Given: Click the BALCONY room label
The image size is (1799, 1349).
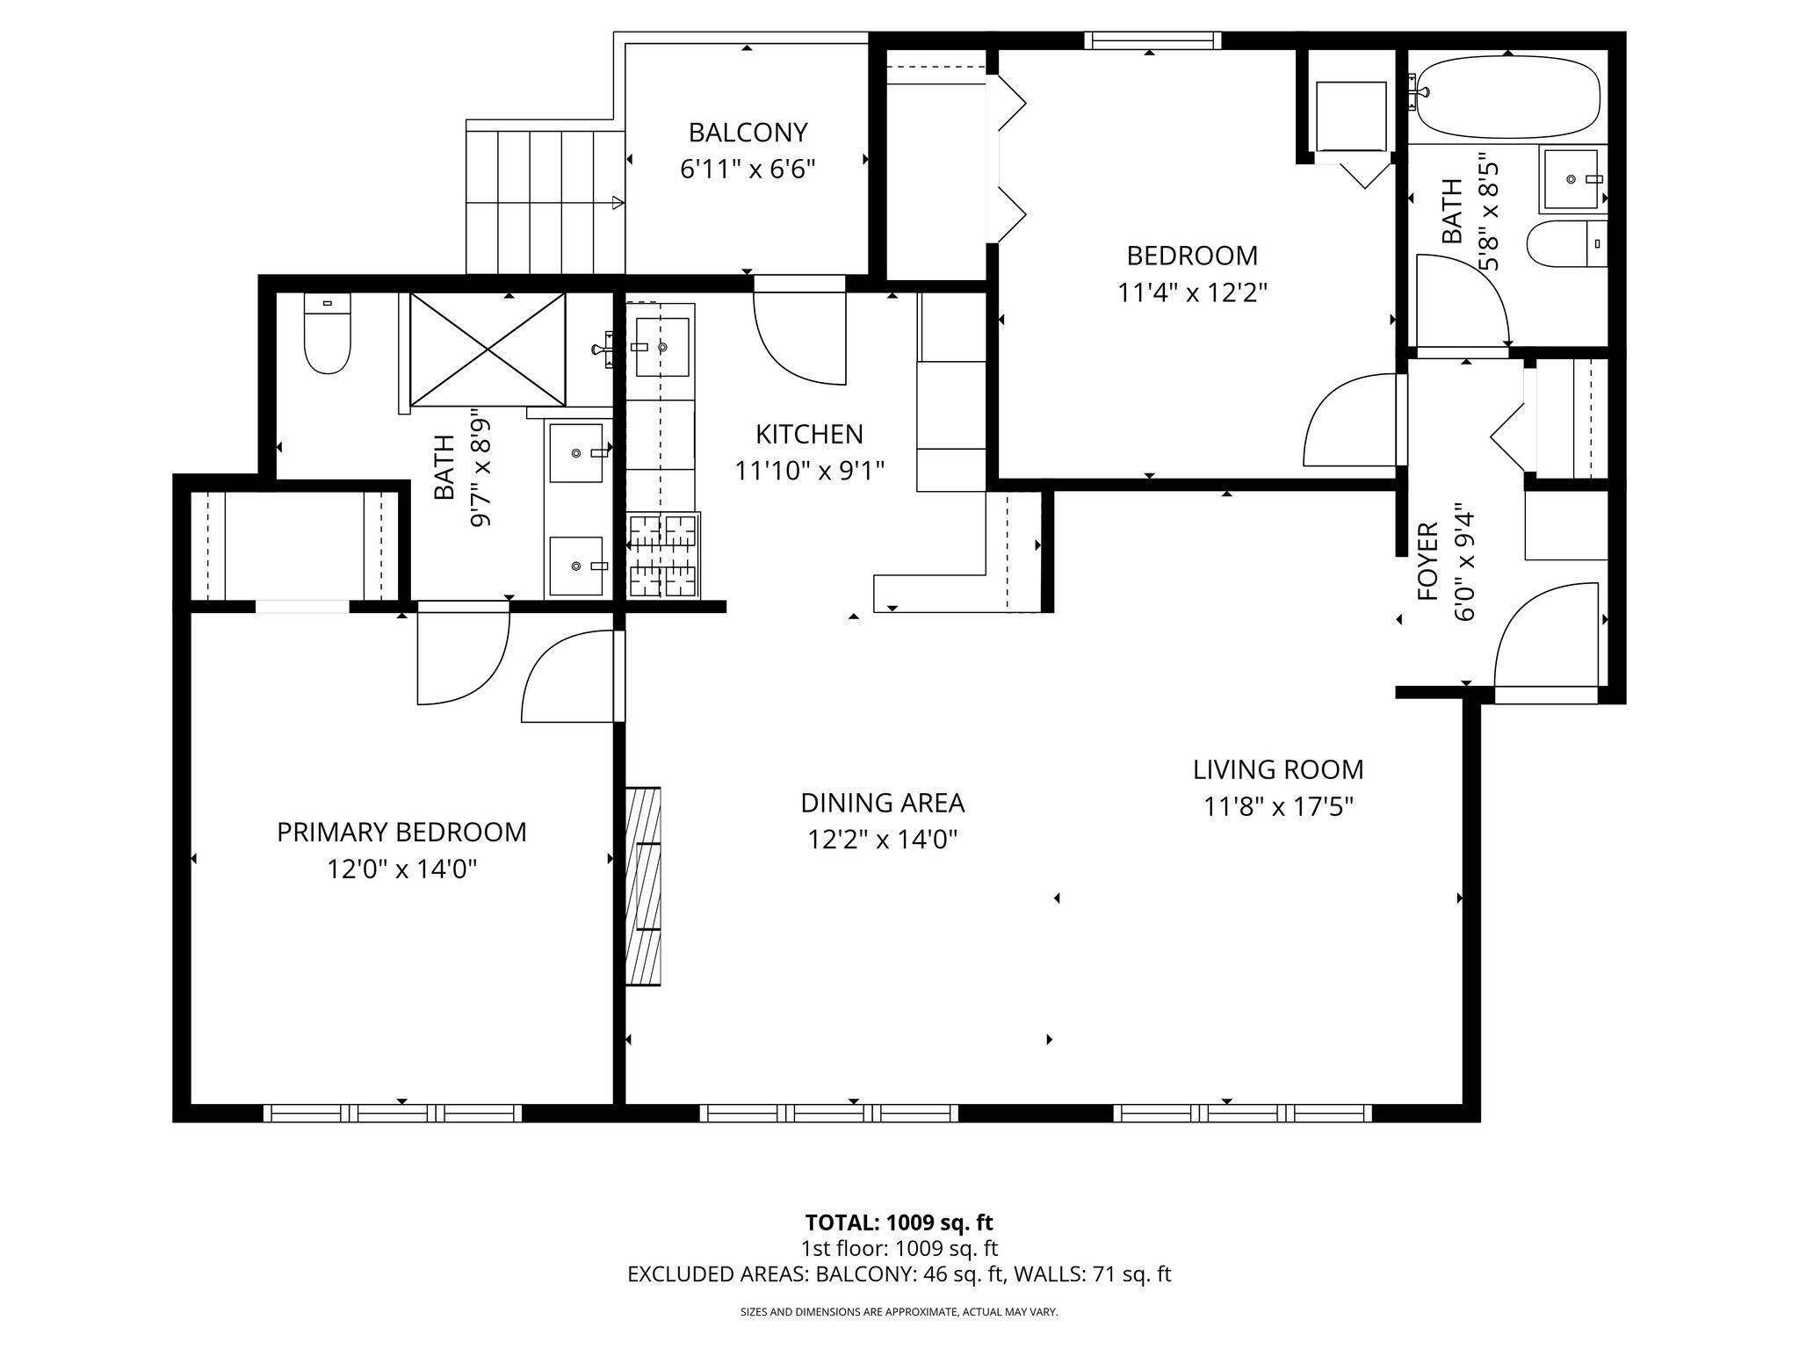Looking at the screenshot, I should pyautogui.click(x=748, y=133).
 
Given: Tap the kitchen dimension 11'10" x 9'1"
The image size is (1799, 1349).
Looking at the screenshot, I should pyautogui.click(x=809, y=472).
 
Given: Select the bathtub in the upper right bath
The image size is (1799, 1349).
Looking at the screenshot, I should pyautogui.click(x=1507, y=97).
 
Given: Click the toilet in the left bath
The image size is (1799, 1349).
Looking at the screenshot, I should pyautogui.click(x=327, y=335).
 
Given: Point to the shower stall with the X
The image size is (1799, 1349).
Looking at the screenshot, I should pyautogui.click(x=488, y=349).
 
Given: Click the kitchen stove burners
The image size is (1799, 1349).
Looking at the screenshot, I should pyautogui.click(x=663, y=556).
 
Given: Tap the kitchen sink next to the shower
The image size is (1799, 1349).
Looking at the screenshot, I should pyautogui.click(x=662, y=347).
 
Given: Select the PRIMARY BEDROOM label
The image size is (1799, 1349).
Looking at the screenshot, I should pyautogui.click(x=401, y=833).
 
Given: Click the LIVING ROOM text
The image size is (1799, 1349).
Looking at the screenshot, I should pyautogui.click(x=1277, y=770).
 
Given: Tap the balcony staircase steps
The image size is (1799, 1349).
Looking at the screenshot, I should pyautogui.click(x=545, y=202).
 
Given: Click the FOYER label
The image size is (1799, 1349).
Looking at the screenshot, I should pyautogui.click(x=1428, y=562).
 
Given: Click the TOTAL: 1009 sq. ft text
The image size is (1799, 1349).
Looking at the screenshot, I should pyautogui.click(x=899, y=1223).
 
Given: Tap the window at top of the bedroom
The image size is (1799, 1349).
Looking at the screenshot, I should pyautogui.click(x=1152, y=40).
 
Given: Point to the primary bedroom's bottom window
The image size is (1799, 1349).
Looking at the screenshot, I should pyautogui.click(x=393, y=1114).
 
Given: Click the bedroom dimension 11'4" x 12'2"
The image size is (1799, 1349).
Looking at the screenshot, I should pyautogui.click(x=1191, y=292).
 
